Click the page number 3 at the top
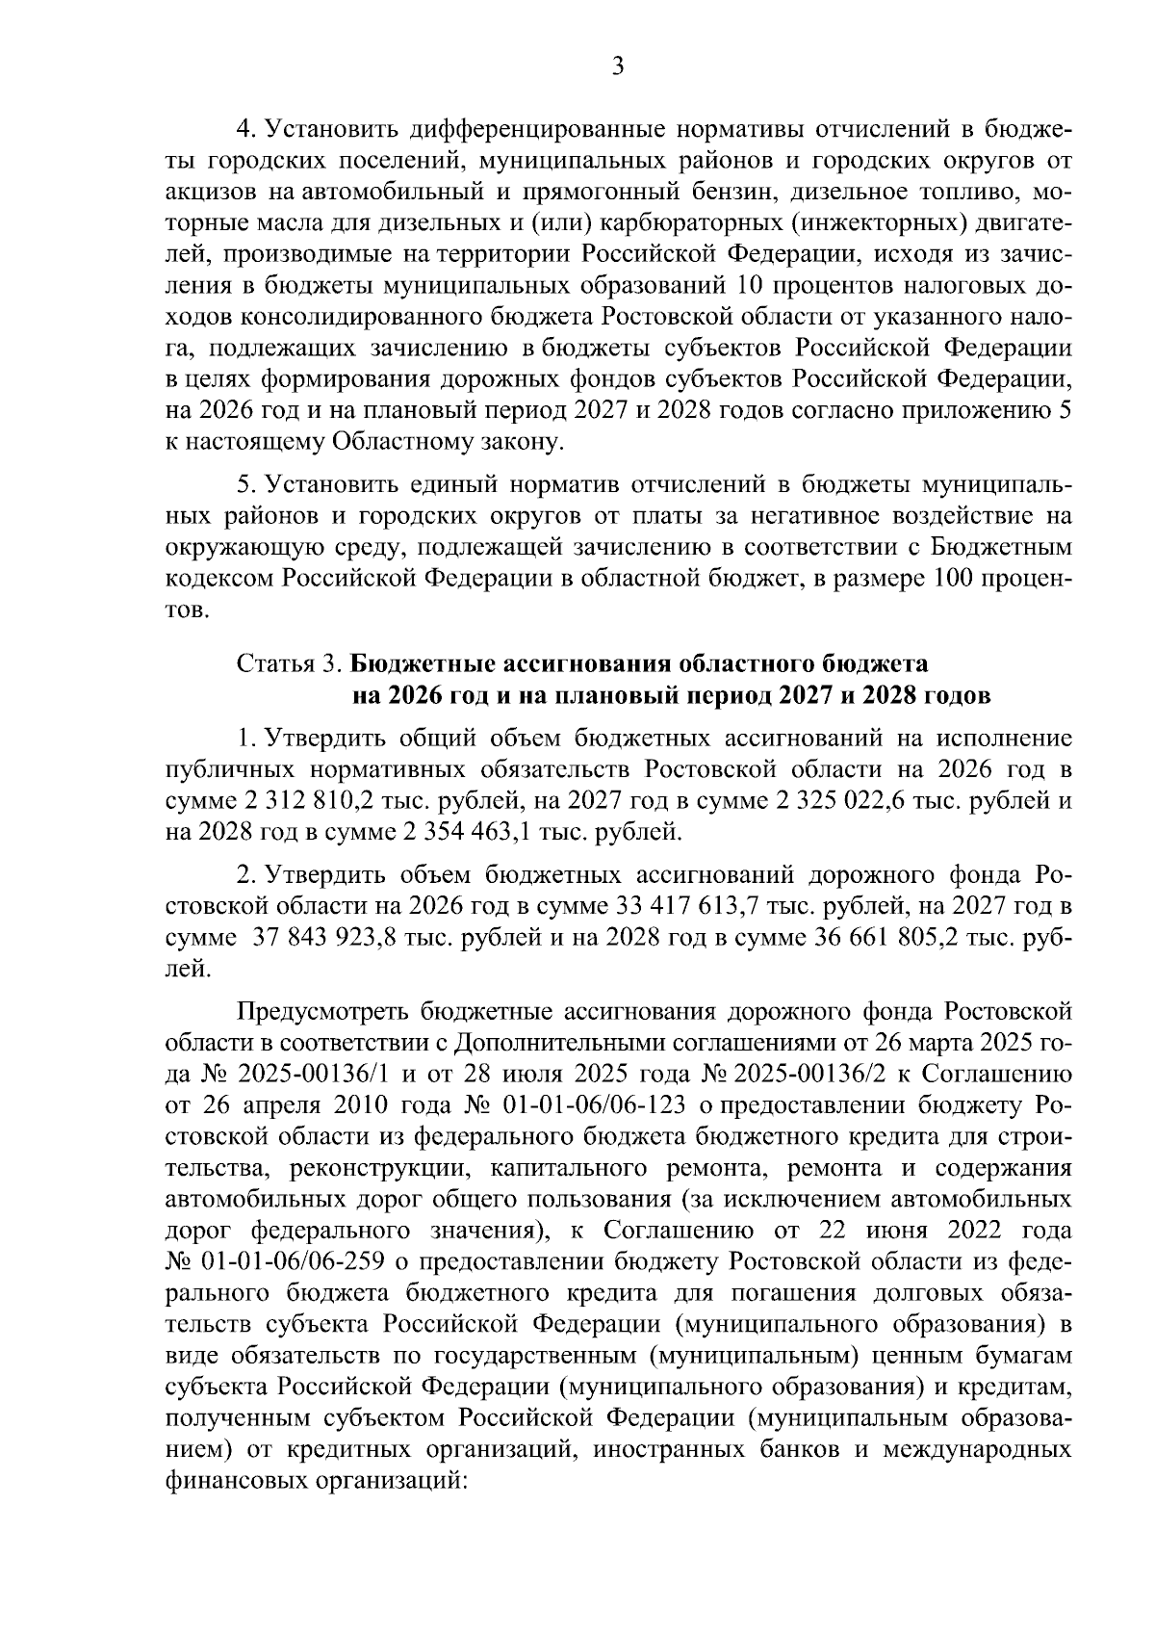(618, 66)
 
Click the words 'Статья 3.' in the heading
(289, 664)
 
